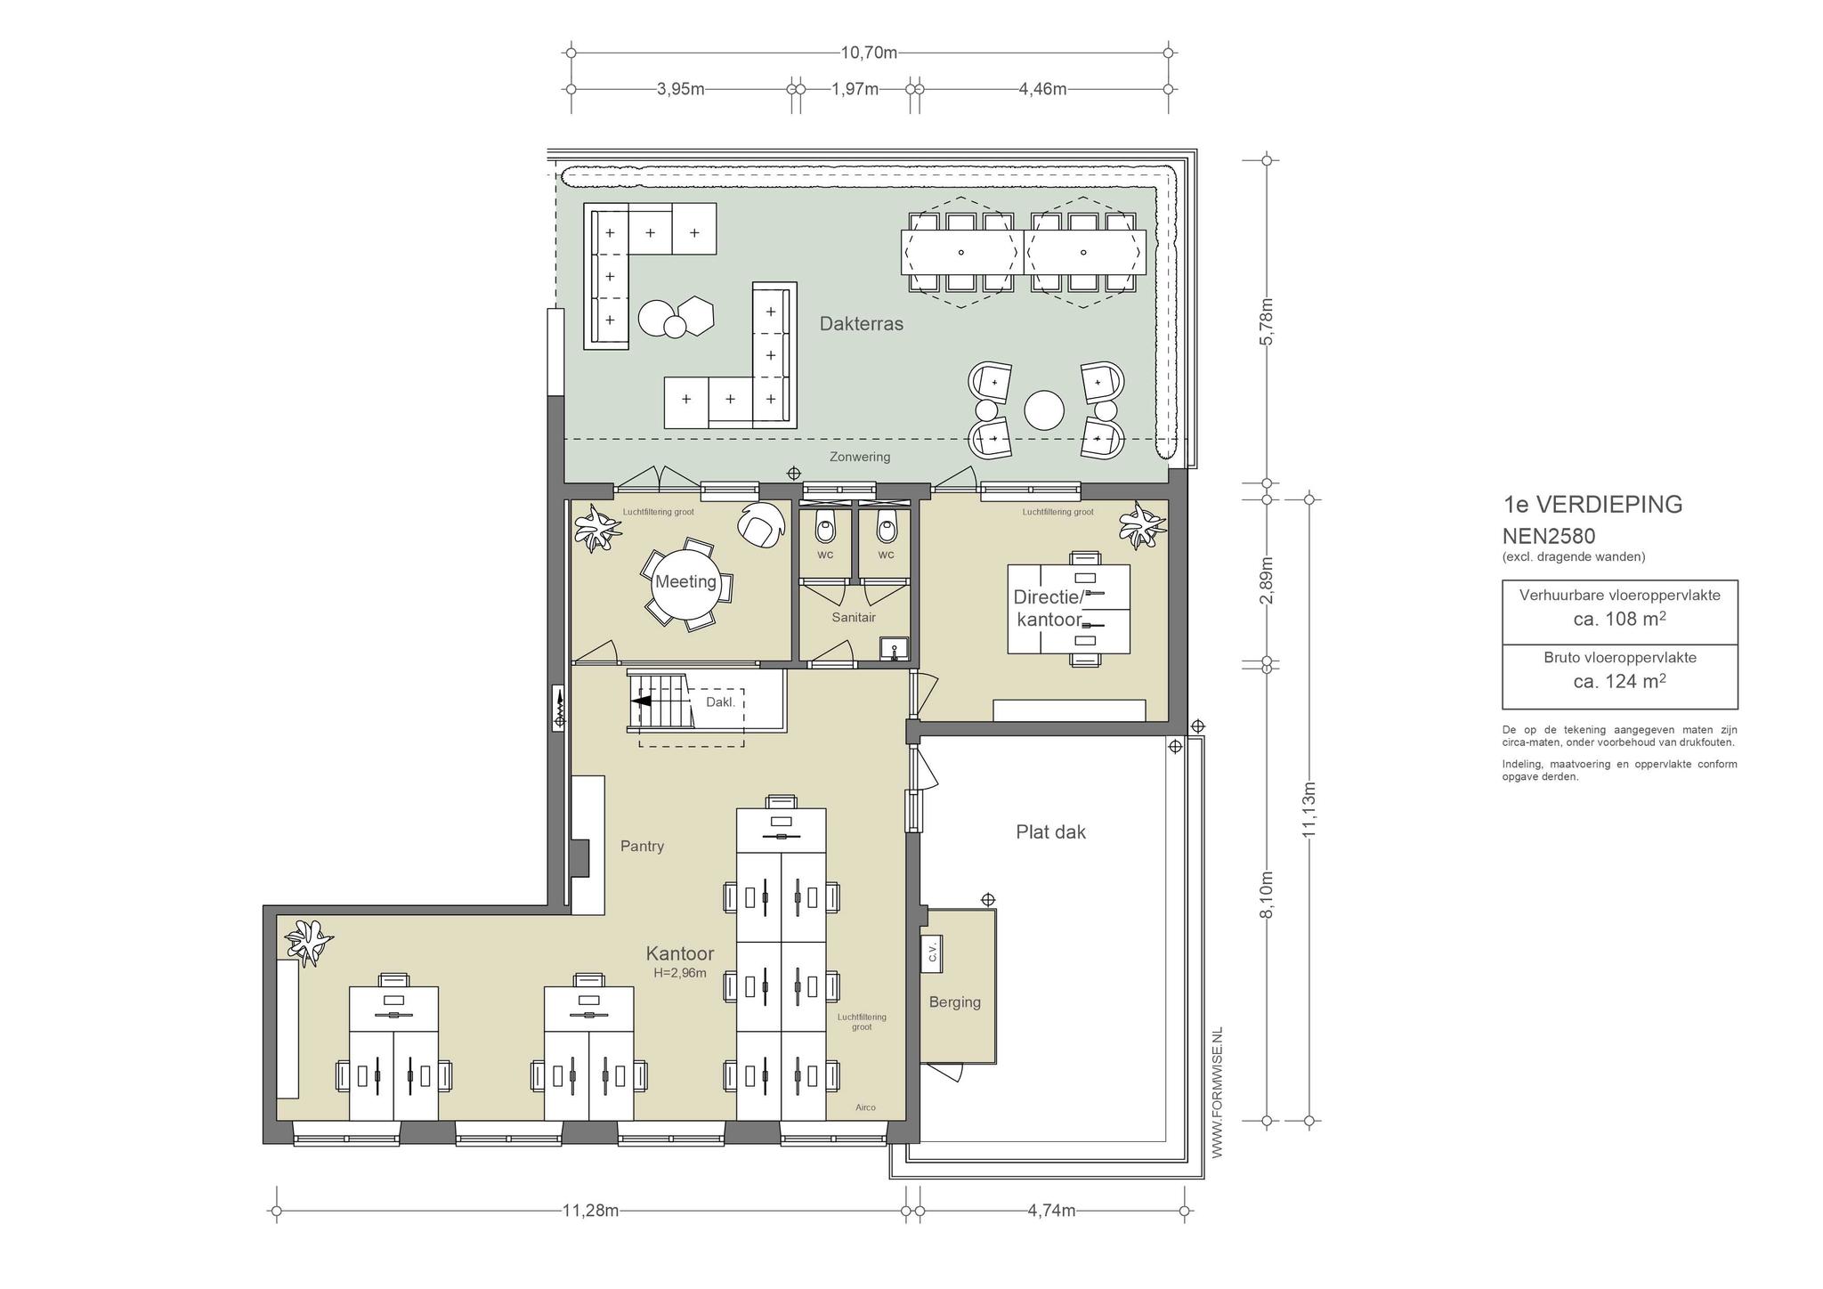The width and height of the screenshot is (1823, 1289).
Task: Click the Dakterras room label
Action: [x=861, y=324]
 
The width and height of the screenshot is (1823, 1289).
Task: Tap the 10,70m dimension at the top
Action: [x=869, y=53]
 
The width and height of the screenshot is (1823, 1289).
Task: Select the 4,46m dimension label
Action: [x=1042, y=89]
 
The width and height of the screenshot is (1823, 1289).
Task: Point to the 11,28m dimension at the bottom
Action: [x=590, y=1211]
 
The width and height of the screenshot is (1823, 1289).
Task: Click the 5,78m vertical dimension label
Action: [x=1268, y=321]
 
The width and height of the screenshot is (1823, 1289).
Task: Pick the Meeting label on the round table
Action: [x=685, y=581]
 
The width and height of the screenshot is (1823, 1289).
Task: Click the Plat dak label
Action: [x=1051, y=832]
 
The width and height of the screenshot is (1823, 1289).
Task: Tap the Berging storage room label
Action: [x=955, y=1002]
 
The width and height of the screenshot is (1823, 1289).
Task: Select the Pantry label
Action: [x=642, y=847]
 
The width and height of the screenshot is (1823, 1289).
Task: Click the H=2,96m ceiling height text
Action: [x=680, y=973]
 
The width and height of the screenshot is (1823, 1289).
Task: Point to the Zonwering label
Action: [x=860, y=457]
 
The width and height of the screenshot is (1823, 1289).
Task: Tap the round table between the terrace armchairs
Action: [x=1044, y=411]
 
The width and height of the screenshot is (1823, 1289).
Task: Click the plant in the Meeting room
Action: [x=596, y=528]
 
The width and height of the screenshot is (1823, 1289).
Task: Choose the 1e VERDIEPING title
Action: [x=1593, y=505]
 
